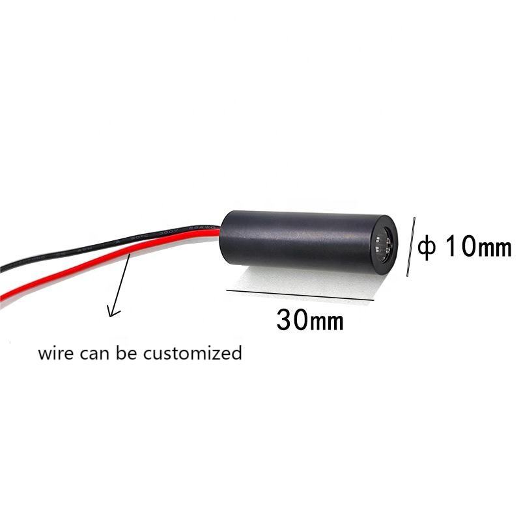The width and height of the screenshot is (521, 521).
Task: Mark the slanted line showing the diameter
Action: coord(411,246)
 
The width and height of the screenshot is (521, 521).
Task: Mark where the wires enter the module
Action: coord(222,231)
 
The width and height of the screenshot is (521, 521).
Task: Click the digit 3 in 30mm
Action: coord(285,320)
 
